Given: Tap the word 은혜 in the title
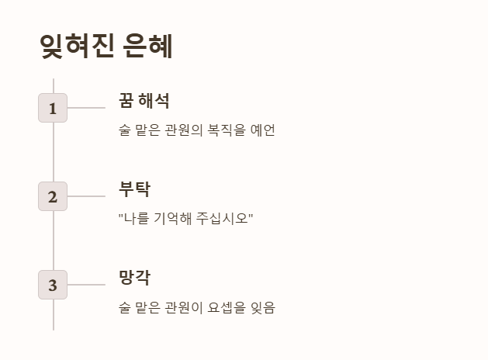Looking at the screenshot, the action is pyautogui.click(x=147, y=47).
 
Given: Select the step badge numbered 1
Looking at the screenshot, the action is pyautogui.click(x=53, y=108).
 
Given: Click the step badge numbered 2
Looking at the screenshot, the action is pyautogui.click(x=53, y=196).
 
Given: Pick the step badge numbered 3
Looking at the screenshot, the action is pyautogui.click(x=53, y=285).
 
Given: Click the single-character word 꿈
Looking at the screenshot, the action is pyautogui.click(x=126, y=100).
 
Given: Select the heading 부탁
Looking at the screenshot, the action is pyautogui.click(x=134, y=189).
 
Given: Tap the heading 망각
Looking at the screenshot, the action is pyautogui.click(x=134, y=277).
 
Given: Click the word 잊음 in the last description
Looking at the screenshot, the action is pyautogui.click(x=263, y=307).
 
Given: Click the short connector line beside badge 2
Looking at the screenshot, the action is pyautogui.click(x=86, y=196).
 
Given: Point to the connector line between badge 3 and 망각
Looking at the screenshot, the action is pyautogui.click(x=86, y=285).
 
